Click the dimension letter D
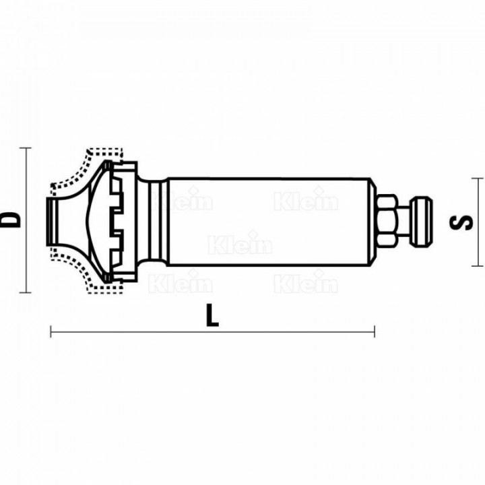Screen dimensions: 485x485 point(10,220)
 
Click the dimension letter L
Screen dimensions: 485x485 point(212,315)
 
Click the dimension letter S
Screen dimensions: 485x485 point(461,222)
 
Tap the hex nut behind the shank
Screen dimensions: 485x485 point(387,220)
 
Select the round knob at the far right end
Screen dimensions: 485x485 point(421,221)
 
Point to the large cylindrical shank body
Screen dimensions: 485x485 point(269,222)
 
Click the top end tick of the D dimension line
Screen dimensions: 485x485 point(26,148)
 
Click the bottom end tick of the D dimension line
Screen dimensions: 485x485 point(26,292)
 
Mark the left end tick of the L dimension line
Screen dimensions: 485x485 point(51,331)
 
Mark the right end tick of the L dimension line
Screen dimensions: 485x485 point(375,331)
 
